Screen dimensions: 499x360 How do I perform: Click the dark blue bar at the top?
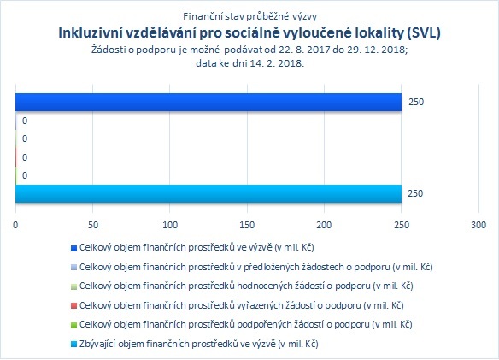(x=208, y=103)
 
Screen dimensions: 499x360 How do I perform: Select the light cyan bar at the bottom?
(x=208, y=194)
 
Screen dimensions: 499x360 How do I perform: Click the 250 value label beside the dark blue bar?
(x=416, y=102)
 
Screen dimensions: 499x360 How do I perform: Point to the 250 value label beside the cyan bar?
(x=415, y=193)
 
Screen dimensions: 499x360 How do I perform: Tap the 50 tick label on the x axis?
(x=92, y=225)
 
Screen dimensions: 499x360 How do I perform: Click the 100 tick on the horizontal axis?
(x=170, y=225)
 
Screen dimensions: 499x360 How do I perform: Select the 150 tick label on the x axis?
(x=247, y=225)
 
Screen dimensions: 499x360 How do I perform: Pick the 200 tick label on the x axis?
(x=324, y=225)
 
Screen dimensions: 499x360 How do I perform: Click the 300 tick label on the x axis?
(x=478, y=225)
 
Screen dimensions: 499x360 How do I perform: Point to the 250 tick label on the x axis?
(x=402, y=225)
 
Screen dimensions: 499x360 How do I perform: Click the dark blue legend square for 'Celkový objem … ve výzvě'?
(x=73, y=248)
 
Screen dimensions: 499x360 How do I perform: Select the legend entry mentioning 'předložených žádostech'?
(x=252, y=267)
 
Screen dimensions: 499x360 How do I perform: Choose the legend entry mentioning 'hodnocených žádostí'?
(x=242, y=286)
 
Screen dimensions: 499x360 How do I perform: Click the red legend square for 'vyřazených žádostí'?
(x=73, y=306)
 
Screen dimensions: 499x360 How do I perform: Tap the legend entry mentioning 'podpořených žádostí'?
(x=242, y=325)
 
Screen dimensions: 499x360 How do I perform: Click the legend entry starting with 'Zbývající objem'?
(x=195, y=344)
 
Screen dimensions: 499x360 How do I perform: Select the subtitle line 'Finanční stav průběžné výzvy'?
(x=249, y=16)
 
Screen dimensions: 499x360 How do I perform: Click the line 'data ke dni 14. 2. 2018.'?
(x=249, y=63)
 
